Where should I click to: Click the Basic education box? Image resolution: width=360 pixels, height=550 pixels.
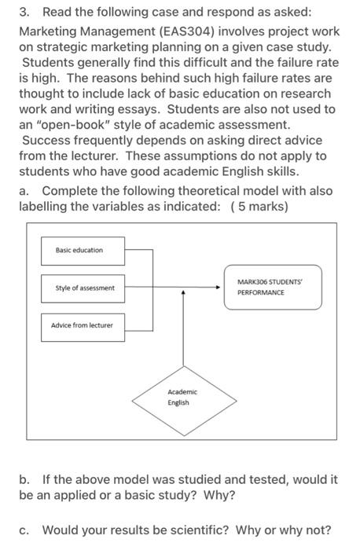(x=83, y=250)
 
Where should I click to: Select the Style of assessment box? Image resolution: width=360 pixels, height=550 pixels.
(x=83, y=288)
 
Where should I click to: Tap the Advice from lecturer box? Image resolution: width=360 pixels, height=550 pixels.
(x=83, y=325)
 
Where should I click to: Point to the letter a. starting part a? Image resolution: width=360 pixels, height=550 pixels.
(x=26, y=191)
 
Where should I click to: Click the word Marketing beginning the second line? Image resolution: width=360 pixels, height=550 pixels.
(x=51, y=31)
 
